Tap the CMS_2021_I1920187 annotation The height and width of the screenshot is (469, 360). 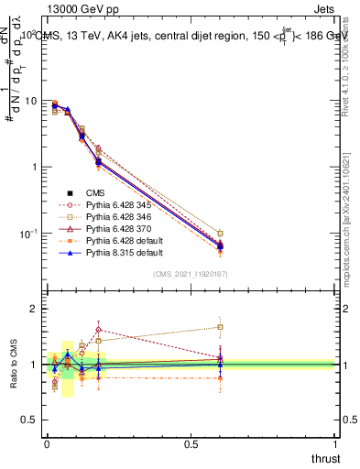pyautogui.click(x=190, y=274)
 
